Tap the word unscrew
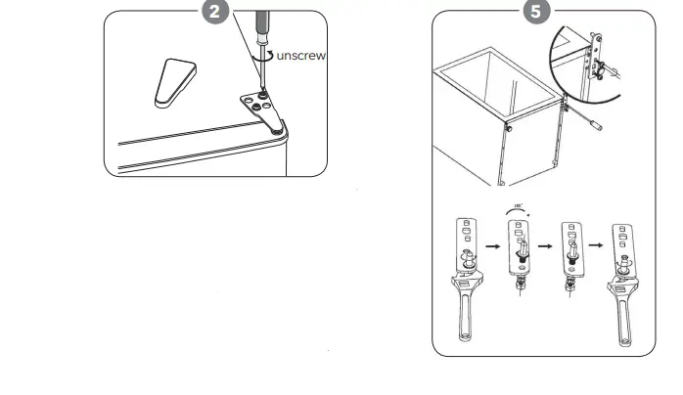300,56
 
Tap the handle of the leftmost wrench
466,321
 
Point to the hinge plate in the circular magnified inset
593,59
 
